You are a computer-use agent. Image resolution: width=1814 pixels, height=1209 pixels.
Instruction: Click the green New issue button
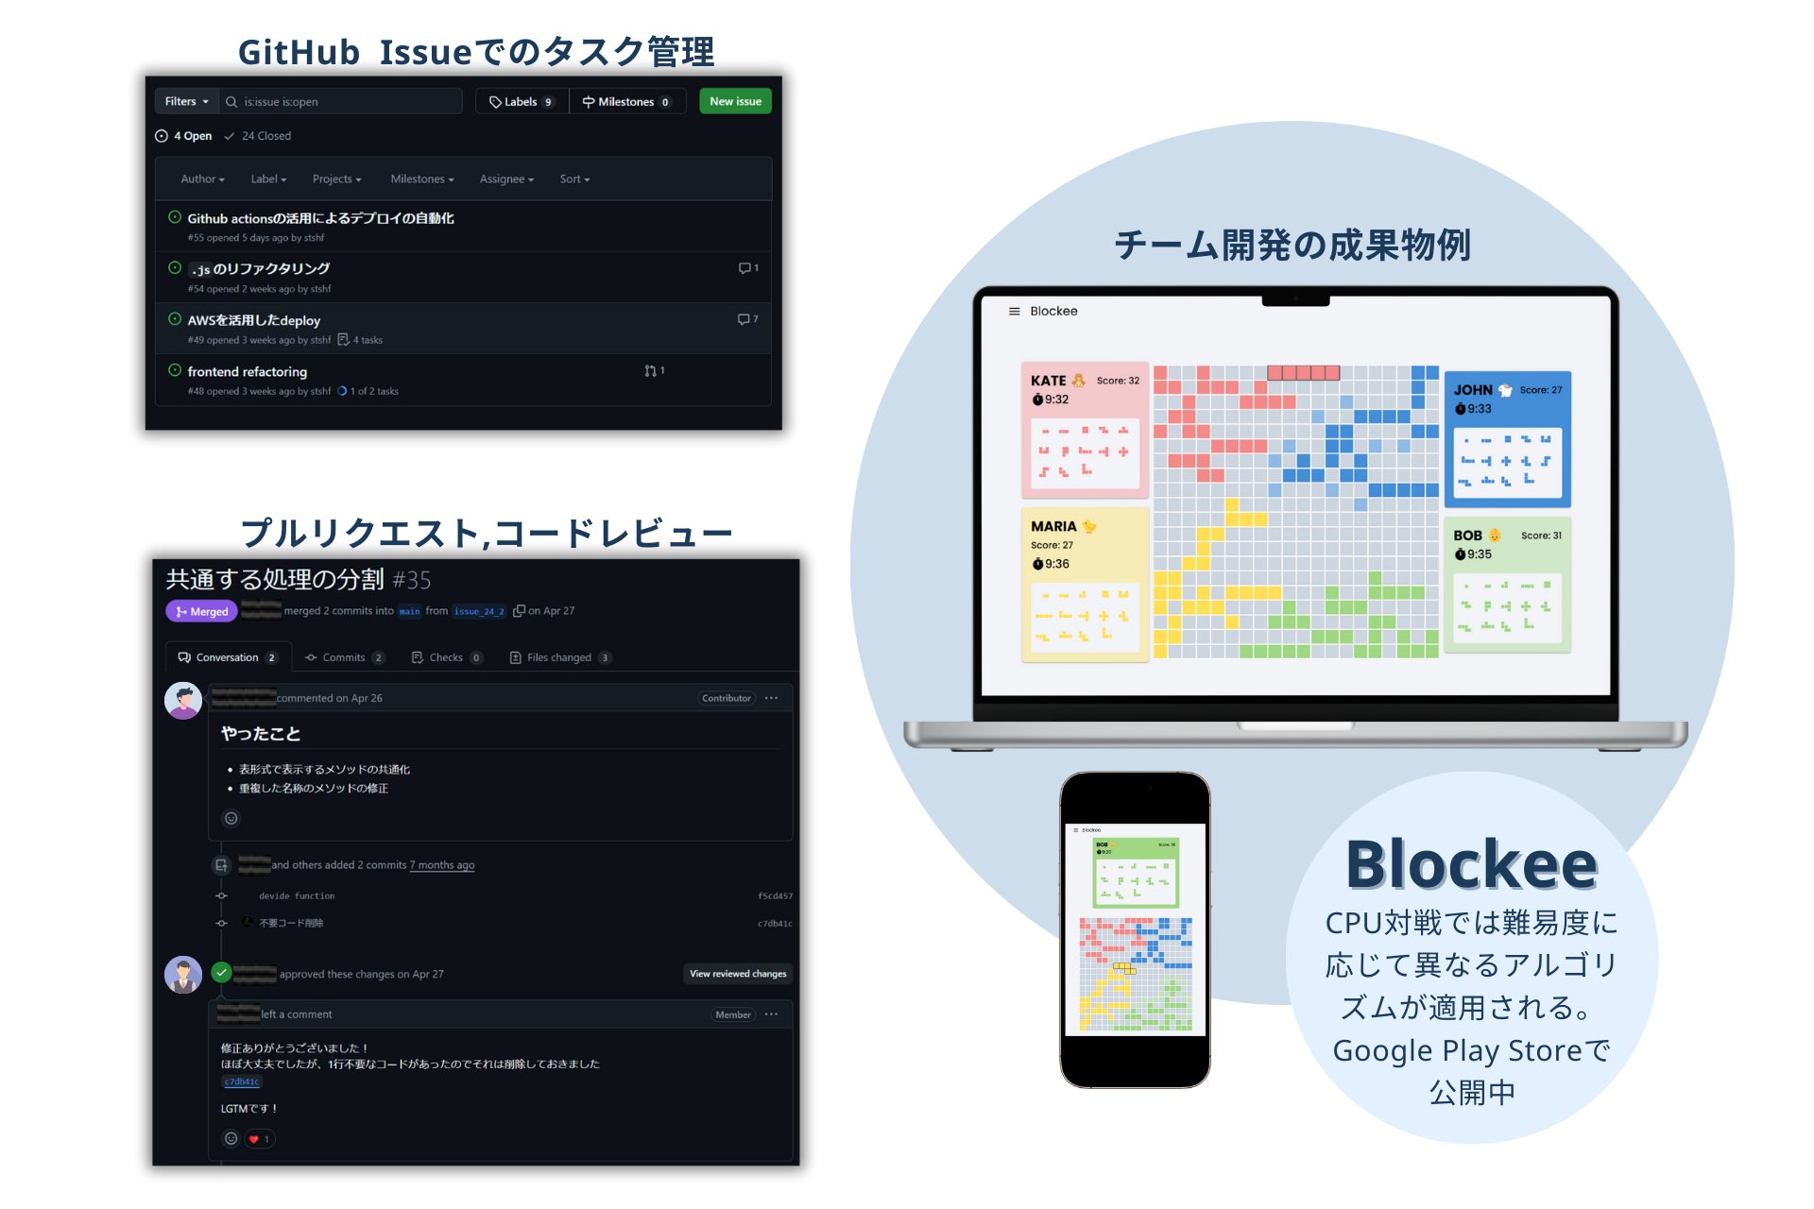pyautogui.click(x=735, y=101)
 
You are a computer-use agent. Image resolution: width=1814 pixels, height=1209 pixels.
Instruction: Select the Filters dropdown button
pyautogui.click(x=186, y=101)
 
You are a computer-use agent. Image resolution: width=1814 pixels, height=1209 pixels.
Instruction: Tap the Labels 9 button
pyautogui.click(x=522, y=102)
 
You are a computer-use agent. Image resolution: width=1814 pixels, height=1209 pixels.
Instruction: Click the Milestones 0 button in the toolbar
pyautogui.click(x=626, y=102)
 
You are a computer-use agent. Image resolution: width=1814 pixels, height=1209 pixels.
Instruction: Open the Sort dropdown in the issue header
pyautogui.click(x=574, y=179)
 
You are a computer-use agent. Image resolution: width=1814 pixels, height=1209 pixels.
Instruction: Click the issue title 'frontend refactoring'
pyautogui.click(x=248, y=371)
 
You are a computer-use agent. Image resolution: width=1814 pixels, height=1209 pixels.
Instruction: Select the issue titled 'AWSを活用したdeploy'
pyautogui.click(x=254, y=320)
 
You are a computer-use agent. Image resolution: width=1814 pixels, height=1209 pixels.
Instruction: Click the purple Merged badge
pyautogui.click(x=202, y=611)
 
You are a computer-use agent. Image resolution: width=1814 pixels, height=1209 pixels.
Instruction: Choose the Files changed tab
pyautogui.click(x=559, y=657)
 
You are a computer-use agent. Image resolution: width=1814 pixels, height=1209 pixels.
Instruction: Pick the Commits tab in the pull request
pyautogui.click(x=344, y=657)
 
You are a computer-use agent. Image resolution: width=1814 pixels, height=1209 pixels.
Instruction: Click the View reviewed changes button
pyautogui.click(x=738, y=974)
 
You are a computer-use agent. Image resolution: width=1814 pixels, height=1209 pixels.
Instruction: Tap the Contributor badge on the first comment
pyautogui.click(x=727, y=698)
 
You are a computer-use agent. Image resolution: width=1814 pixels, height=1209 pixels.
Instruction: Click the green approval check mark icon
pyautogui.click(x=221, y=972)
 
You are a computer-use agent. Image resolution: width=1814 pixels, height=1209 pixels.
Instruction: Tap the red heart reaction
pyautogui.click(x=254, y=1139)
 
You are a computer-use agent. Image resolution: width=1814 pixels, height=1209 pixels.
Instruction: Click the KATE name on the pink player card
pyautogui.click(x=1048, y=381)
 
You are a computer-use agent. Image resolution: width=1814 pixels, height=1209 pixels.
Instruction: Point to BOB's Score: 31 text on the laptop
pyautogui.click(x=1541, y=536)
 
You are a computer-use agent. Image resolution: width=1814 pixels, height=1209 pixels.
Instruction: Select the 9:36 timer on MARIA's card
pyautogui.click(x=1052, y=564)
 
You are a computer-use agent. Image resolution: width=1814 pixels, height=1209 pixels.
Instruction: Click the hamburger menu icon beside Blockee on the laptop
pyautogui.click(x=1014, y=311)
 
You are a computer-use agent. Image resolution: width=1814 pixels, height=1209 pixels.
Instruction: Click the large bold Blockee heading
pyautogui.click(x=1471, y=864)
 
